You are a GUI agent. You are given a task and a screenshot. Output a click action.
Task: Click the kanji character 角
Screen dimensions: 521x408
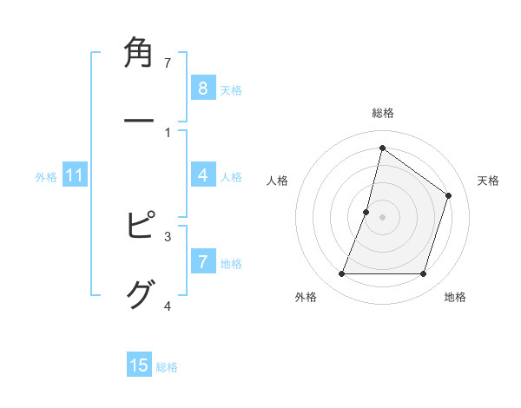click(140, 55)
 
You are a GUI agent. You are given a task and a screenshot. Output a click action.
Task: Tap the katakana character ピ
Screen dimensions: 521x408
click(140, 225)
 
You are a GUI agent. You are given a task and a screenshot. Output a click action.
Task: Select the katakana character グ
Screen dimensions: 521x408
click(140, 293)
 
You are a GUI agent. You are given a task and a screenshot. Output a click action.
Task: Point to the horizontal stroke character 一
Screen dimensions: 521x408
click(140, 122)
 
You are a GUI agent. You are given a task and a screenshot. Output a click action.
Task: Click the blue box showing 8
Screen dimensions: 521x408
click(202, 89)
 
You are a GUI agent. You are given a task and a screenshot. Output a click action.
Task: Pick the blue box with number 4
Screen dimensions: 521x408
click(202, 175)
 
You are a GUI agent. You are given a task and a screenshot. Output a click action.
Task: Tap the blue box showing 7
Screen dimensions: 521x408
click(202, 262)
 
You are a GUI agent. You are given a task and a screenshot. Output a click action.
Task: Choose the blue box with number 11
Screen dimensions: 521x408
click(75, 175)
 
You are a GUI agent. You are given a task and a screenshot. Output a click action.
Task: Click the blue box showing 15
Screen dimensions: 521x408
click(139, 365)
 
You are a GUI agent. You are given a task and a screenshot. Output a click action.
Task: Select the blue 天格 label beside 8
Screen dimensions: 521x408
click(230, 89)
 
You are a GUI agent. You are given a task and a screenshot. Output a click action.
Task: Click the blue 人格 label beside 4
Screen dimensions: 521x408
click(230, 176)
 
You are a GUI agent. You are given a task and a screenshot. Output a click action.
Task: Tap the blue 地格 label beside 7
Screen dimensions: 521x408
click(230, 263)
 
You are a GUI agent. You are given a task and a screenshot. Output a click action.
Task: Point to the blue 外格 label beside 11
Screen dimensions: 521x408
click(46, 176)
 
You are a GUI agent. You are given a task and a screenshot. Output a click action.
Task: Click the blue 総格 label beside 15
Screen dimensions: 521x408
click(167, 366)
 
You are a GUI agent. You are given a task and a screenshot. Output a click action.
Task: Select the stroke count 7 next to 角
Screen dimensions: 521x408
click(168, 63)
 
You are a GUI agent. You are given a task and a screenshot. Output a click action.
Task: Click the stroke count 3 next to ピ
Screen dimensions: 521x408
click(168, 236)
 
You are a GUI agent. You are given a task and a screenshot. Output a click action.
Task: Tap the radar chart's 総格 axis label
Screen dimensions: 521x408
click(382, 113)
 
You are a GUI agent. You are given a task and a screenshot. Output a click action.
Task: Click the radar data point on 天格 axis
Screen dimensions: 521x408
click(449, 195)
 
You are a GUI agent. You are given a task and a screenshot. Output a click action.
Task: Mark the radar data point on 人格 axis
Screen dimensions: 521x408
click(366, 212)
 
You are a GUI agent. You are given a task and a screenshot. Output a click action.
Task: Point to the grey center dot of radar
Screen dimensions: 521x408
click(382, 217)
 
